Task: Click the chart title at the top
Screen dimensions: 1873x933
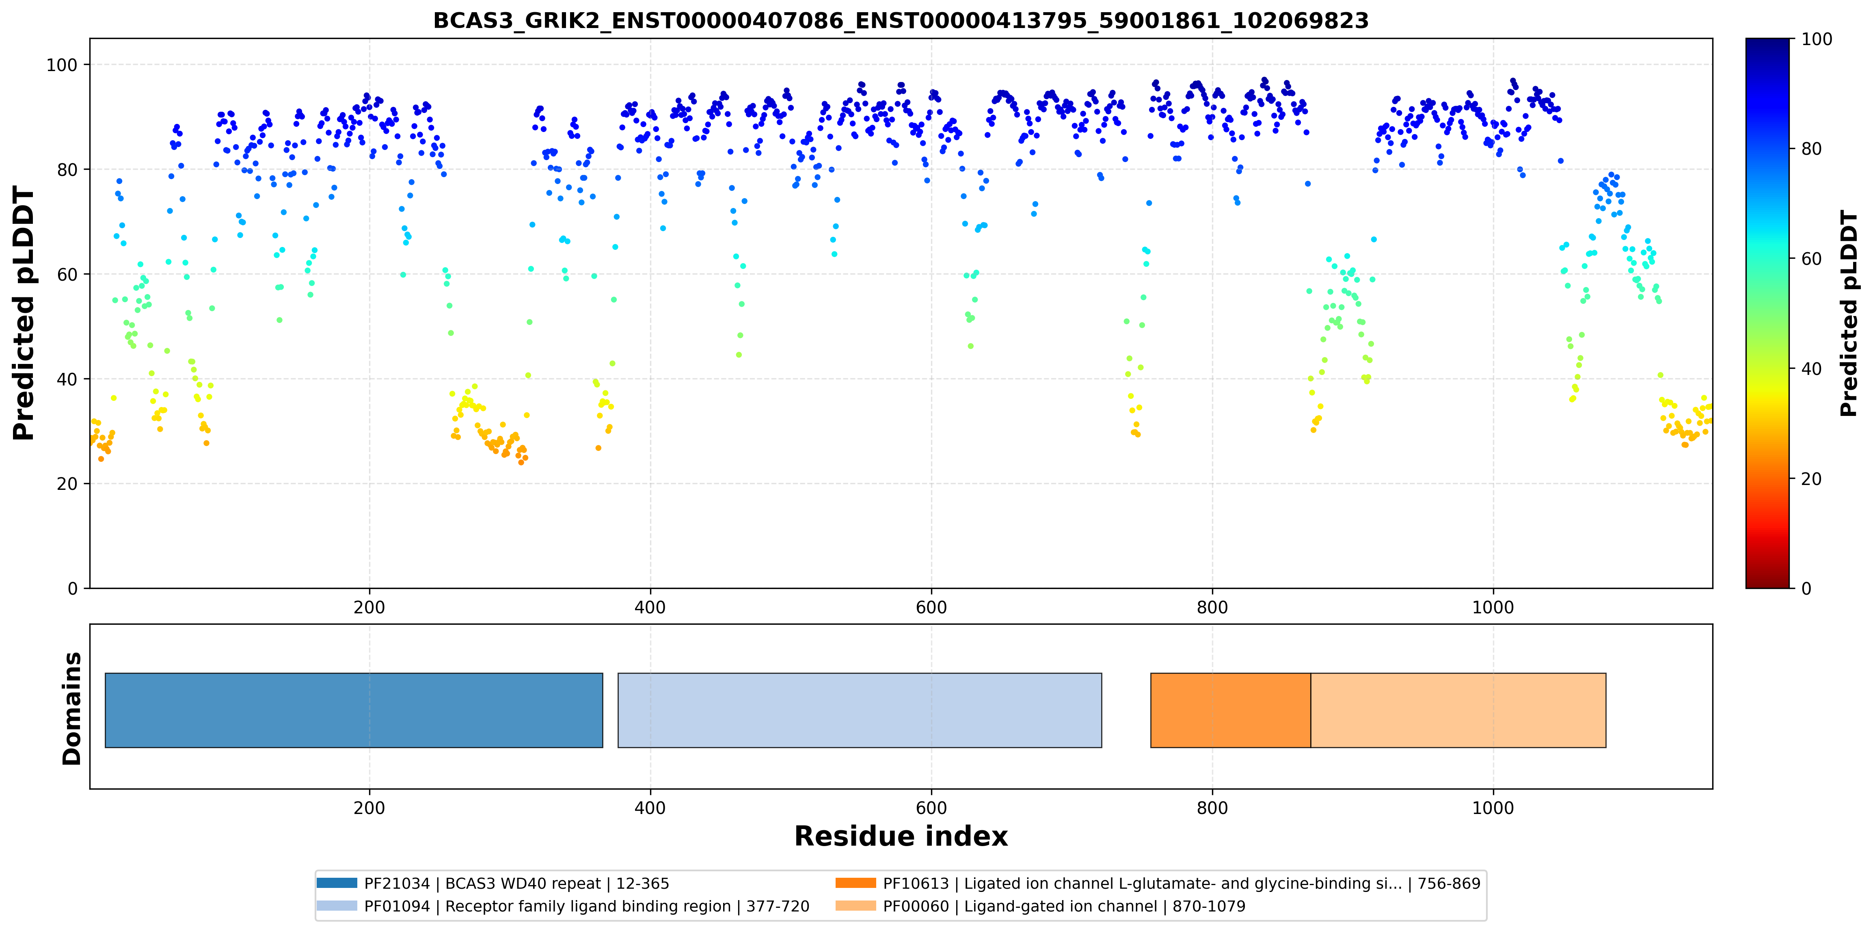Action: [x=901, y=20]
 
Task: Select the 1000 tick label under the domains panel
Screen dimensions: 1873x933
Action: [x=1493, y=808]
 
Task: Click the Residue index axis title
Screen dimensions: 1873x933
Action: [x=901, y=836]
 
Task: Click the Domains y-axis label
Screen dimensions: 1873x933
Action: [x=72, y=708]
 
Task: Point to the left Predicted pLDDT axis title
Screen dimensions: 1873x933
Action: [x=24, y=314]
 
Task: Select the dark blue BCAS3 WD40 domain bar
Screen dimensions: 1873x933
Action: [x=354, y=710]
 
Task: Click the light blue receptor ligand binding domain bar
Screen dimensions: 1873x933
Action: [x=860, y=710]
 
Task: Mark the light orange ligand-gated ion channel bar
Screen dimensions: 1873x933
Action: [x=1458, y=710]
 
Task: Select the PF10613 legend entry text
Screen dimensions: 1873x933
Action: [x=1182, y=883]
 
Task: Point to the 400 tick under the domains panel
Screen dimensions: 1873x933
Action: [x=650, y=808]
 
